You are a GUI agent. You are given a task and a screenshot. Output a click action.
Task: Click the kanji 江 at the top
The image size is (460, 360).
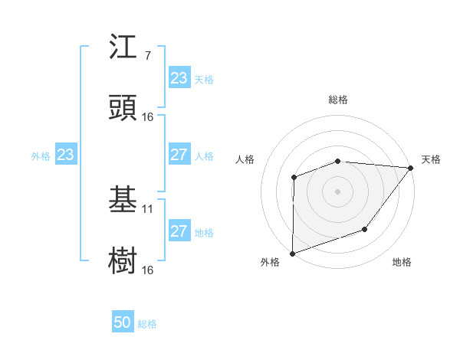coord(123,47)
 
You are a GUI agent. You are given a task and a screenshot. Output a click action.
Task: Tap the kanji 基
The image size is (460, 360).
coord(123,200)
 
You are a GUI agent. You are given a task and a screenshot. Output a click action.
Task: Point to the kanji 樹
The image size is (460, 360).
coord(123,261)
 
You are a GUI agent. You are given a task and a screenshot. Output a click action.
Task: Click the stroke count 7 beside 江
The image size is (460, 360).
coord(147,56)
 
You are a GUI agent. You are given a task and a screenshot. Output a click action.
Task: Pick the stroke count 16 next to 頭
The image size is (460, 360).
coord(148,117)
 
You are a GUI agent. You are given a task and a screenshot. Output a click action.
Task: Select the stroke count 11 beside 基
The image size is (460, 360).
coord(148,209)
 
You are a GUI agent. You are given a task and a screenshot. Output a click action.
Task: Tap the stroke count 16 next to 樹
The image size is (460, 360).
coord(148,270)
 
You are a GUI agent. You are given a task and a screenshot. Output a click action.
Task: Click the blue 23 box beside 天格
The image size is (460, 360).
coord(179,78)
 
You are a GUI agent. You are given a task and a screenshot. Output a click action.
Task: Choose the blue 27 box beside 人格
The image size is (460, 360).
coord(179,155)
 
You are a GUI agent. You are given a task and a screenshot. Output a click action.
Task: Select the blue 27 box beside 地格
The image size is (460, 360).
coord(179,231)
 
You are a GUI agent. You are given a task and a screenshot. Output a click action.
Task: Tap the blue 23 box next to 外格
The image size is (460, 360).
coord(66,155)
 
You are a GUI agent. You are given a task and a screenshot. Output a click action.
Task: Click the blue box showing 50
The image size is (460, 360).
coord(123,323)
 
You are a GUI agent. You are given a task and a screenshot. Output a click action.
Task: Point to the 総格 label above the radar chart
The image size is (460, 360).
coord(338,100)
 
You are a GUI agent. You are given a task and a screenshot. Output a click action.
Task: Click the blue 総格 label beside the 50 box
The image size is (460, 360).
coord(147,324)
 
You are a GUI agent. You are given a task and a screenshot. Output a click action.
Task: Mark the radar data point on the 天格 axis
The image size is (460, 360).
coord(411,168)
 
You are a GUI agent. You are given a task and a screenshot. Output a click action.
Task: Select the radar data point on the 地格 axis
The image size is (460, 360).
coord(365,229)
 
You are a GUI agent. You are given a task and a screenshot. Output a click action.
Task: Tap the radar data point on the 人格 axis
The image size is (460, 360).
coord(294,178)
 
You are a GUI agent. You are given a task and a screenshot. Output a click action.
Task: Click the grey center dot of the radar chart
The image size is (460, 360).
coord(338,191)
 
